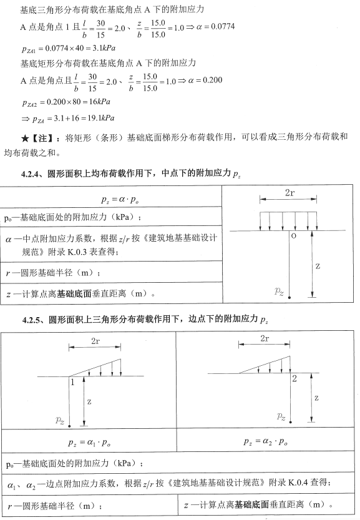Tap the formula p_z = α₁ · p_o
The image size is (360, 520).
pos(88,441)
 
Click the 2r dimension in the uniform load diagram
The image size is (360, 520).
pos(289,194)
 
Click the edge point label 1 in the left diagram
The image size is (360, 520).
pos(72,382)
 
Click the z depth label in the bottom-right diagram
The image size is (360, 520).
pos(317,398)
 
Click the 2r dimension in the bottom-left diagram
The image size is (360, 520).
pos(95,341)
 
